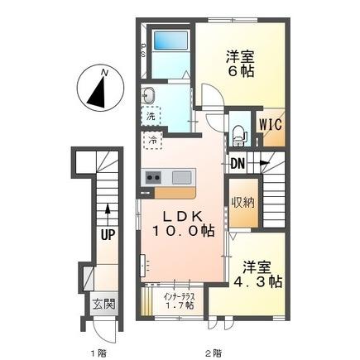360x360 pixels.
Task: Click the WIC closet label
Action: click(x=271, y=124)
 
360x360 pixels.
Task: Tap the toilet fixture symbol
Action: click(x=239, y=136)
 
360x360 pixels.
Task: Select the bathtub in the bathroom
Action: click(x=170, y=41)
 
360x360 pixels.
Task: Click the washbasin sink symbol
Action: click(x=148, y=96)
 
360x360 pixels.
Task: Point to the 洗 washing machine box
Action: click(x=151, y=117)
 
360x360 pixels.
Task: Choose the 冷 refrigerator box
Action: click(x=152, y=141)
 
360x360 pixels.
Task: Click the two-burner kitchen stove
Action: click(x=153, y=177)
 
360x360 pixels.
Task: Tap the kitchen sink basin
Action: click(x=181, y=177)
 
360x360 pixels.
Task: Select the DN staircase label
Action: click(x=238, y=164)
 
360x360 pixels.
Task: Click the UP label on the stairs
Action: click(x=108, y=235)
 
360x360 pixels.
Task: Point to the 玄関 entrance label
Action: click(x=103, y=305)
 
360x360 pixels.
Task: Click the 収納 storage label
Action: click(x=242, y=203)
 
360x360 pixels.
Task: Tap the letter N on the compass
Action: click(x=104, y=73)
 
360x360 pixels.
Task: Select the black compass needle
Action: click(x=98, y=93)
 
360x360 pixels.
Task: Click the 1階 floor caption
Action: click(x=98, y=353)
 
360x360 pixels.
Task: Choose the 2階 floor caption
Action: click(x=213, y=353)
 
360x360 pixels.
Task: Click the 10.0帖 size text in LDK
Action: click(x=183, y=231)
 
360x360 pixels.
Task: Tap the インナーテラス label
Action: click(x=180, y=297)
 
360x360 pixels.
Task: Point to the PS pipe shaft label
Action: click(x=143, y=50)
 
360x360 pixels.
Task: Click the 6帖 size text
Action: click(x=241, y=71)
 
